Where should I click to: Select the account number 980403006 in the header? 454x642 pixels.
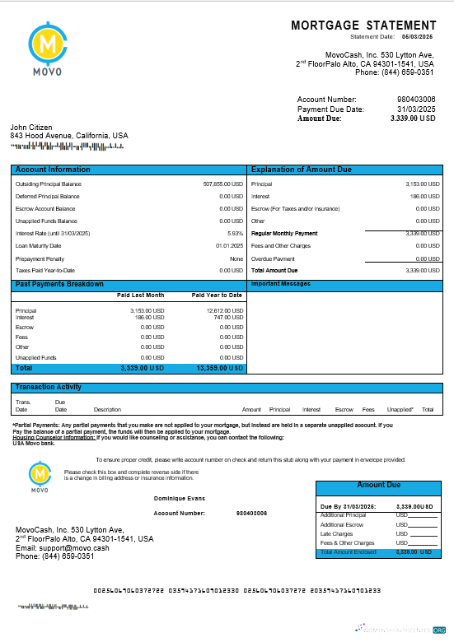click(x=416, y=100)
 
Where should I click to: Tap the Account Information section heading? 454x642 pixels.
click(x=53, y=170)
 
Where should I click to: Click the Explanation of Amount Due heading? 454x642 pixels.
click(x=301, y=170)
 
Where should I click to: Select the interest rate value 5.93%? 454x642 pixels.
click(x=235, y=233)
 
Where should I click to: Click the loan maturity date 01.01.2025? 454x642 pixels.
click(x=229, y=245)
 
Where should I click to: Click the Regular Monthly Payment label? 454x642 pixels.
click(x=284, y=233)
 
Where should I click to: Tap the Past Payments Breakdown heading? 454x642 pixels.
click(x=59, y=284)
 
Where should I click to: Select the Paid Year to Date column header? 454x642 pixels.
click(x=217, y=295)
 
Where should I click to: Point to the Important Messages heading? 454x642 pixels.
click(x=281, y=284)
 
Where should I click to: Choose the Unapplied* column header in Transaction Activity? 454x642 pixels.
click(x=400, y=409)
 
